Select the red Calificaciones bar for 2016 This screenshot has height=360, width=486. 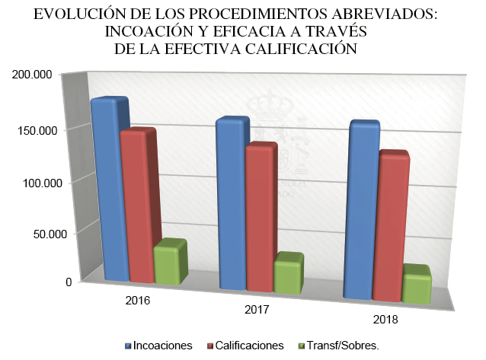(137, 205)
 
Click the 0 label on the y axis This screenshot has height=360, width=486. (69, 282)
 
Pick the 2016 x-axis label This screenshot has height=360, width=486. (137, 300)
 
